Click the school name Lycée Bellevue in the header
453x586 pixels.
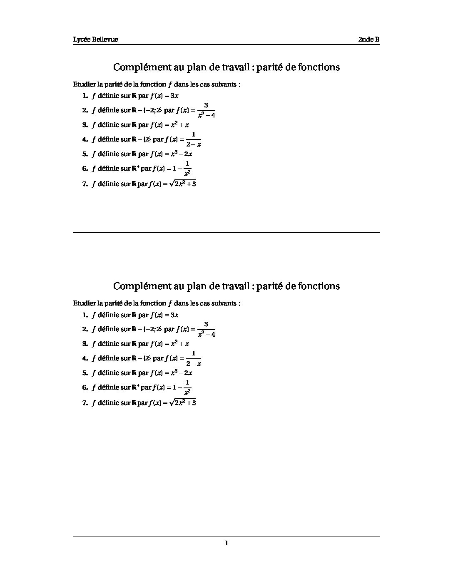pos(95,40)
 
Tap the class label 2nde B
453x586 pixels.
pos(368,40)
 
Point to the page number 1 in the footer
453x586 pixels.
pos(226,543)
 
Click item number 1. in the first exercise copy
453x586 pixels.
pos(85,96)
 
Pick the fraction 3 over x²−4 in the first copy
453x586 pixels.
pos(206,110)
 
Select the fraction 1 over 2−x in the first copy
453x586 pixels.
pos(194,139)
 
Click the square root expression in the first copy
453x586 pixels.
pos(183,183)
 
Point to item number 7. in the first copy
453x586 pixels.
pos(85,184)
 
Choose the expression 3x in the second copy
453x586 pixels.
pos(174,315)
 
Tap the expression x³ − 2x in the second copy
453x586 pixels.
pos(181,372)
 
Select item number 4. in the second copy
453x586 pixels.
pos(85,358)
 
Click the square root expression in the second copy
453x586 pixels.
pos(183,402)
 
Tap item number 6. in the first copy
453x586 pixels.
pos(85,169)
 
